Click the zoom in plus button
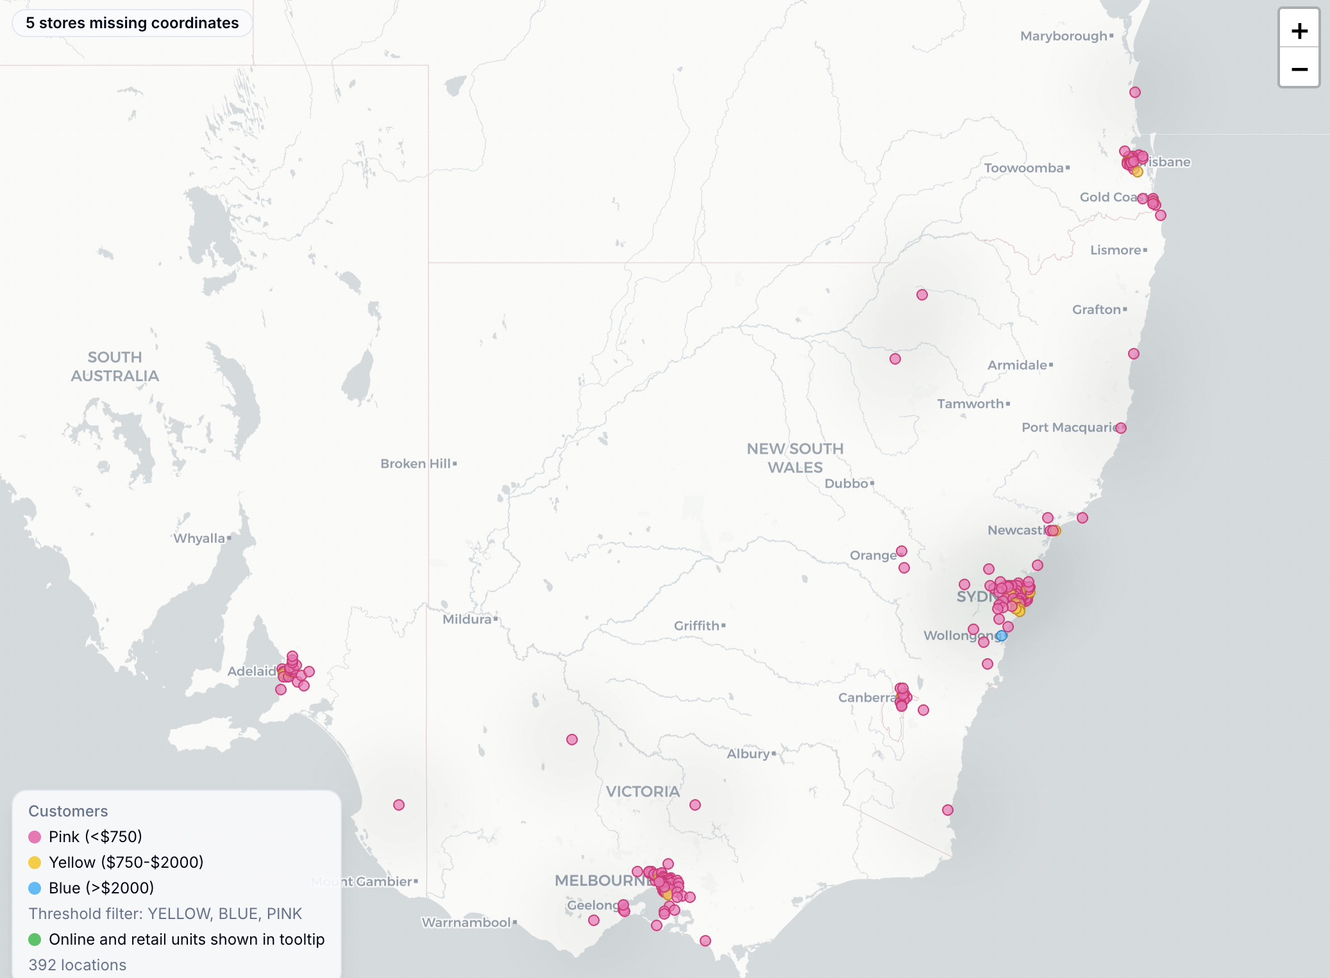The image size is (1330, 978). click(1299, 30)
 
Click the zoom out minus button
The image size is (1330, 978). click(1299, 69)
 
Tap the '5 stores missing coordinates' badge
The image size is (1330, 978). click(132, 23)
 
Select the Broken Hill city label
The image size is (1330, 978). click(416, 463)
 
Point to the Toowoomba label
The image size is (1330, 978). click(1023, 168)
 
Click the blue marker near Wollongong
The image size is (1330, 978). click(1002, 636)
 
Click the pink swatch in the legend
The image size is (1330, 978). click(35, 837)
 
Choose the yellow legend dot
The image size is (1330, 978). click(35, 863)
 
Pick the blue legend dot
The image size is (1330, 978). click(35, 888)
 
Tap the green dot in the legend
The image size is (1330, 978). click(35, 940)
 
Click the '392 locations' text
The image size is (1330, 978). click(78, 965)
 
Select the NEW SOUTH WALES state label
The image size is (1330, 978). click(795, 458)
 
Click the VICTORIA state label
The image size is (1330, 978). click(643, 792)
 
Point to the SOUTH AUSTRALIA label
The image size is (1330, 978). click(115, 366)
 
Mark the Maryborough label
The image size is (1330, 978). click(1064, 36)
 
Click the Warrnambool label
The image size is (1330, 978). click(466, 922)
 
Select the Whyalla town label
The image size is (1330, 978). click(199, 538)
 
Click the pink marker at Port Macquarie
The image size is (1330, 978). click(1121, 428)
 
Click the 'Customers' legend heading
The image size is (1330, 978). click(68, 811)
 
